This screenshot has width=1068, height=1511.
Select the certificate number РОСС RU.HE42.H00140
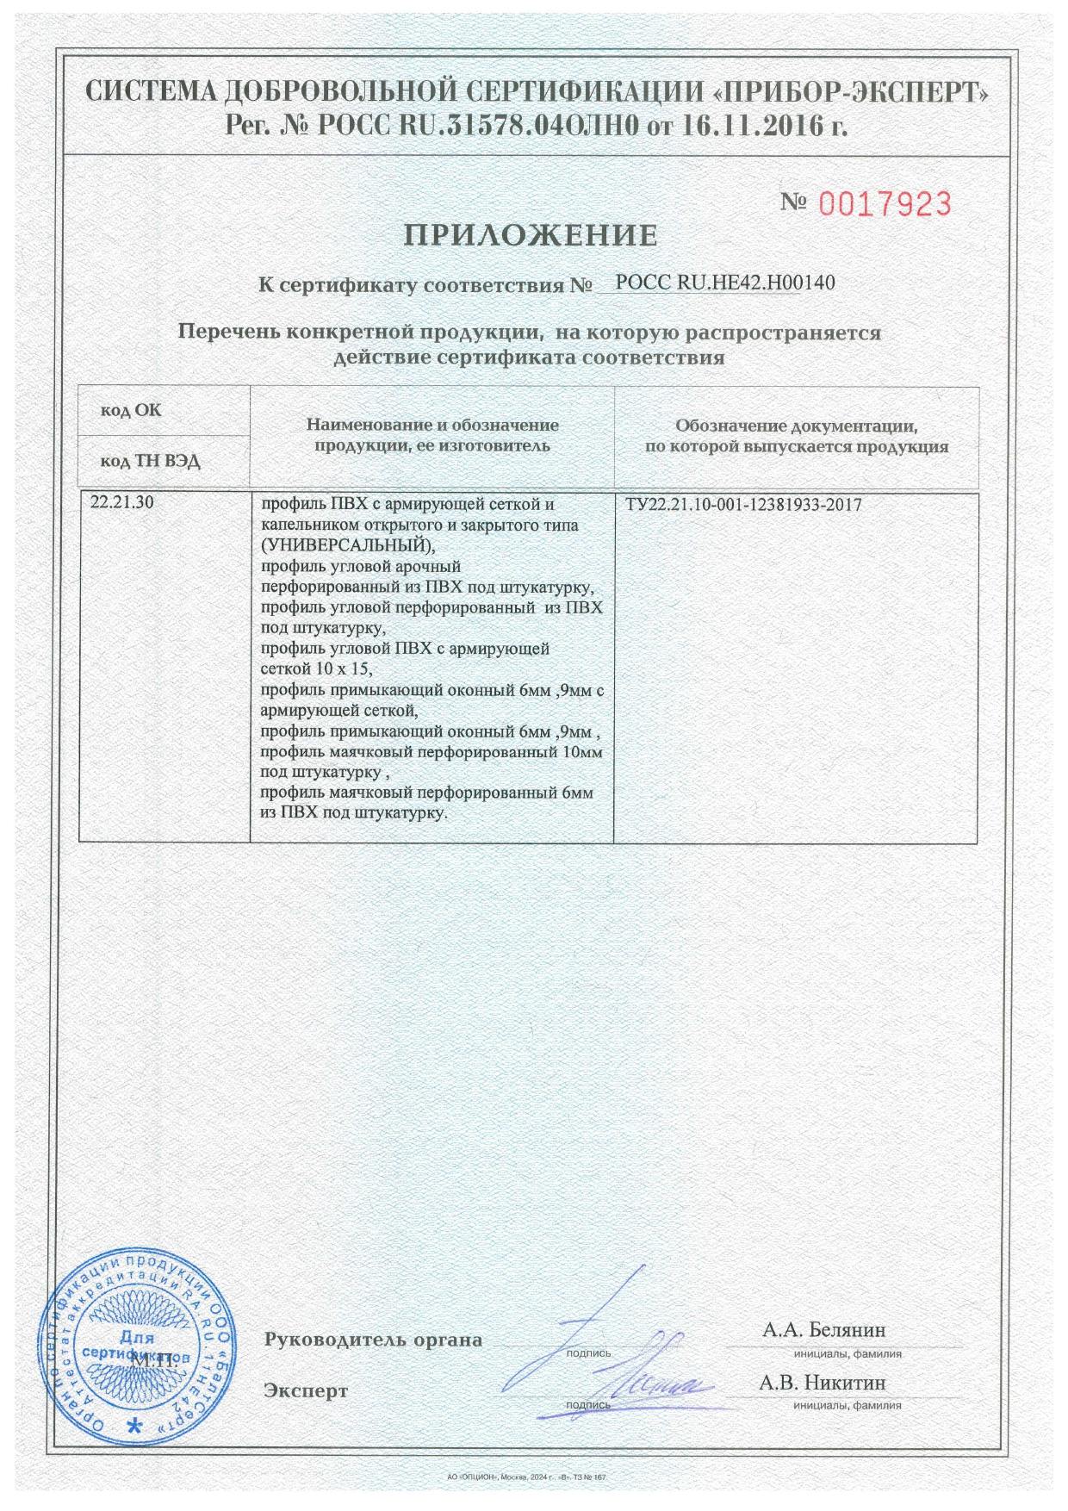pos(725,282)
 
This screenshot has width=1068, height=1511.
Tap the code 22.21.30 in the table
pos(122,504)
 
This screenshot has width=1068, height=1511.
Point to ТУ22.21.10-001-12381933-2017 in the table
pos(743,505)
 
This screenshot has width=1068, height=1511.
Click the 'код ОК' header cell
pos(131,410)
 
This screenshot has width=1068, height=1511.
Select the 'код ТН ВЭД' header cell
pos(151,462)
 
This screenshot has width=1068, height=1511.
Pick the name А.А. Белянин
pos(823,1330)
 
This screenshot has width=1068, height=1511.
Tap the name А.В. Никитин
pos(823,1384)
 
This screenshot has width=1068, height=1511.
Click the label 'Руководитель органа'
pos(373,1340)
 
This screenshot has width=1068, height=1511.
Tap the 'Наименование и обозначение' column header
pos(432,426)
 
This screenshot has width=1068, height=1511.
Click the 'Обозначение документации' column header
pos(796,426)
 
